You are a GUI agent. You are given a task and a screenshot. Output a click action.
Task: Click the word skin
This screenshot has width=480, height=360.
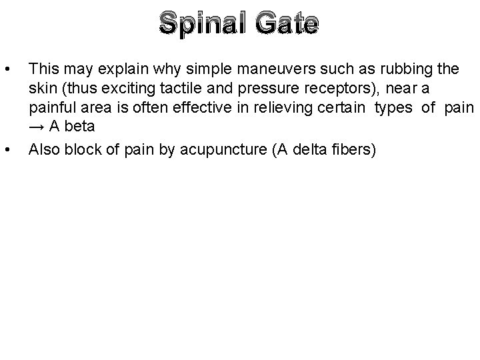(x=41, y=89)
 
